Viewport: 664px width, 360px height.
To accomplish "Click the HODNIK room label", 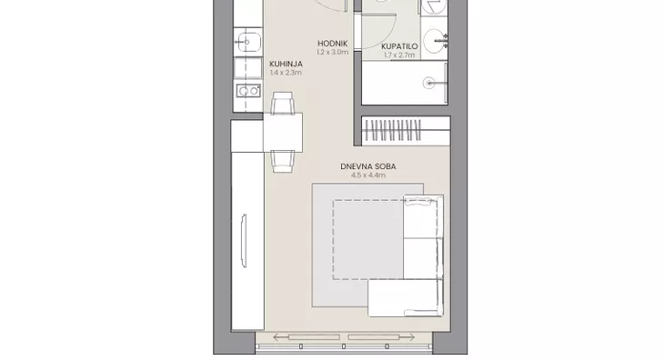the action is click(332, 43).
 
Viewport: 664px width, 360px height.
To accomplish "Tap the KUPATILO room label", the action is click(399, 46).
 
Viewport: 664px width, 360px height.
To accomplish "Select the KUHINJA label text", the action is click(286, 64).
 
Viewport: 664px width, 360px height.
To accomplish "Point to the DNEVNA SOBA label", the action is click(368, 166).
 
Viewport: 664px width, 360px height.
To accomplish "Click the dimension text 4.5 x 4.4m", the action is click(368, 175).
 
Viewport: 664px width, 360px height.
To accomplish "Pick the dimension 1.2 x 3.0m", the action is click(332, 52).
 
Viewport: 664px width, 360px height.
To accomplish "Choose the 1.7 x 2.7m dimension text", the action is click(399, 55).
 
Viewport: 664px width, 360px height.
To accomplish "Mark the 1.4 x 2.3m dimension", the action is click(286, 73).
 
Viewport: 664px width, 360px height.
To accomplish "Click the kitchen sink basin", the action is click(247, 42).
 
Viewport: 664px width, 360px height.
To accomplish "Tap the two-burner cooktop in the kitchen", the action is click(248, 91).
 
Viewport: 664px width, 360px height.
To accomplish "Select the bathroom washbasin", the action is click(435, 41).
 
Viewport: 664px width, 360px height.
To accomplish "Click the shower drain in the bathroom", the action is click(429, 83).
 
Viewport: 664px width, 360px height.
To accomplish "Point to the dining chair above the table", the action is click(283, 103).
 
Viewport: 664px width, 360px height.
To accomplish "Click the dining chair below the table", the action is click(283, 162).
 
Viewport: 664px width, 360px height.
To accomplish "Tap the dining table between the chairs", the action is click(283, 133).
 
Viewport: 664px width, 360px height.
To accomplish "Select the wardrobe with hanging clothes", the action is click(406, 131).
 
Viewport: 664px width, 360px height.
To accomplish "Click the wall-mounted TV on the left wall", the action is click(244, 241).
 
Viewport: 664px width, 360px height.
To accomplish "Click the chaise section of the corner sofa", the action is click(405, 298).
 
